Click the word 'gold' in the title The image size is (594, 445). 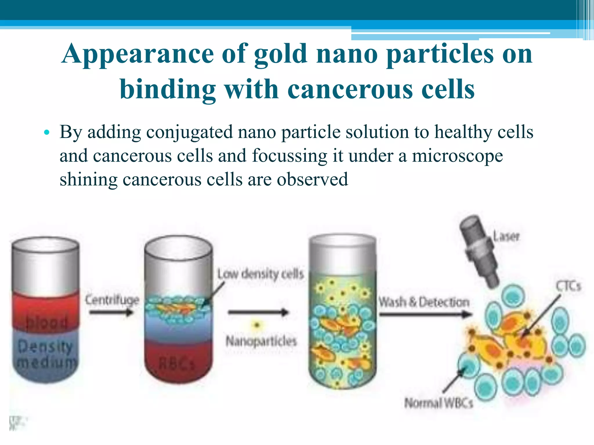(x=280, y=54)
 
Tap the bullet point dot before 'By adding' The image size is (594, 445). (x=47, y=133)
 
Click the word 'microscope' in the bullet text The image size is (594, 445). (x=457, y=156)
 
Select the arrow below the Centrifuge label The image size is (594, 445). (x=111, y=312)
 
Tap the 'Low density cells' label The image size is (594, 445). (x=260, y=274)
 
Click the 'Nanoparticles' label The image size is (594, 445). (x=261, y=341)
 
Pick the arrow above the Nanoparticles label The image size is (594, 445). (x=258, y=312)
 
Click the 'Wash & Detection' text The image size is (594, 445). (x=424, y=302)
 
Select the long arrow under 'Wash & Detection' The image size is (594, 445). (x=425, y=314)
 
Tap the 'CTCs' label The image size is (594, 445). (x=568, y=286)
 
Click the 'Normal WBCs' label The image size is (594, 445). (x=439, y=403)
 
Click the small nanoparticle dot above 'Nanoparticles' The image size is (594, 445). (x=256, y=325)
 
